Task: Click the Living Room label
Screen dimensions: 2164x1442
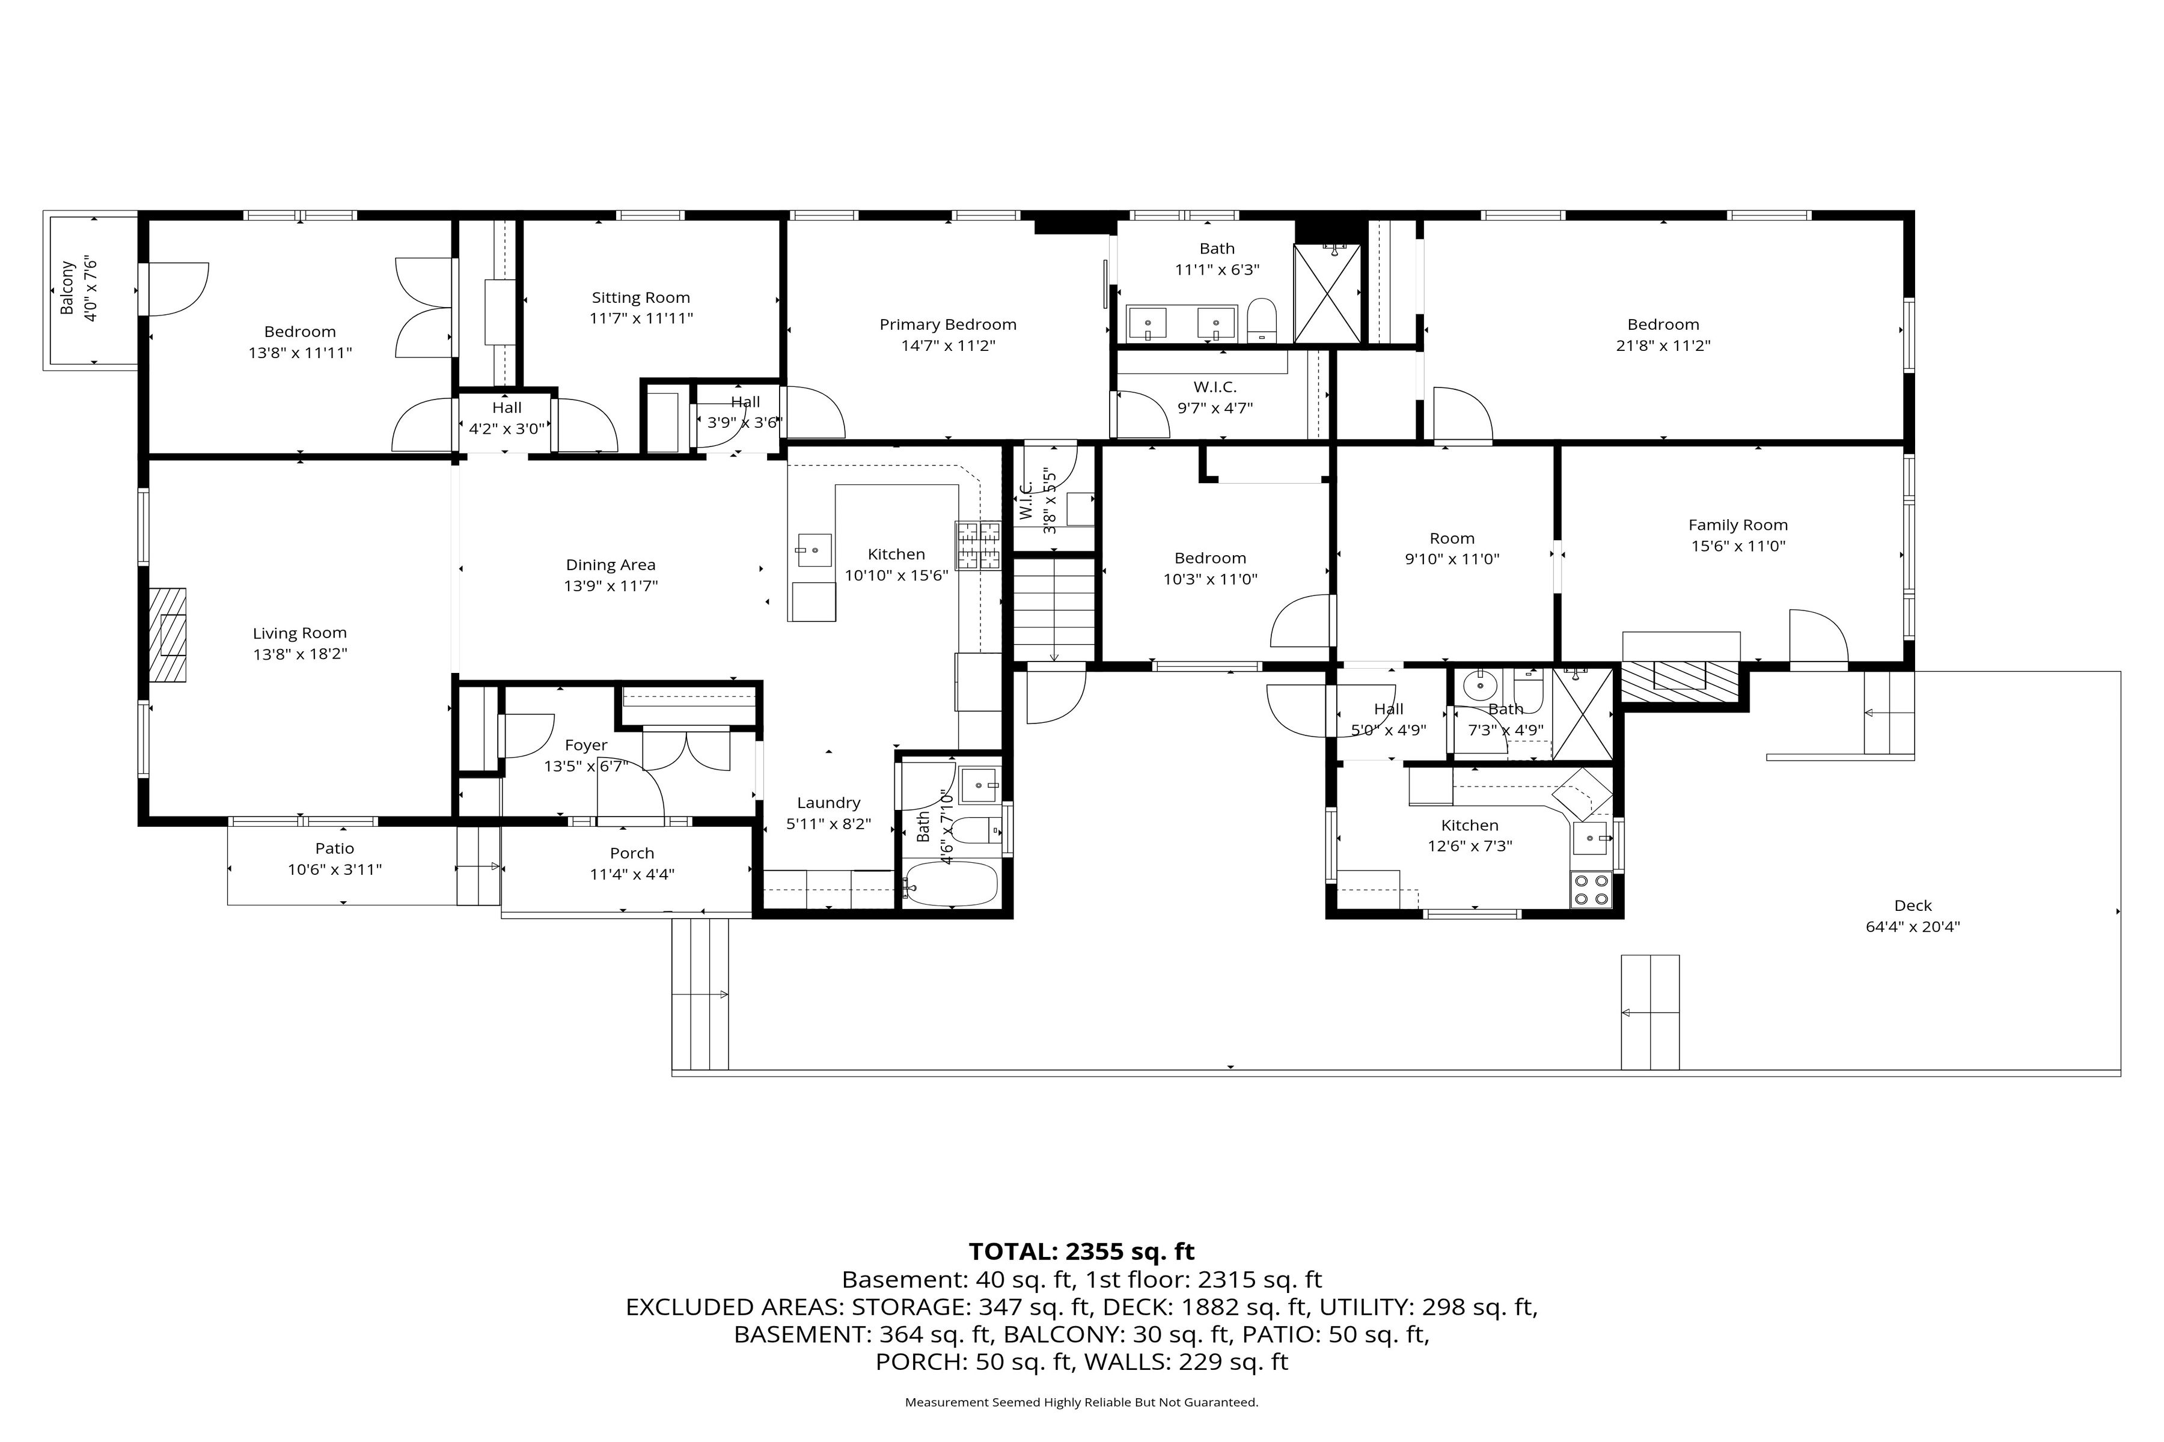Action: (x=300, y=633)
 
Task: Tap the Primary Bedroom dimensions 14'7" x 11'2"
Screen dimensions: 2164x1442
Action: (x=948, y=346)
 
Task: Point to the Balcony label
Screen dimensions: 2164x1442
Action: (x=67, y=288)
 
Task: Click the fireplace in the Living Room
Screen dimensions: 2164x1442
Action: (x=168, y=634)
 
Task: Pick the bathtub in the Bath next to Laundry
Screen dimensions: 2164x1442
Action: (x=950, y=884)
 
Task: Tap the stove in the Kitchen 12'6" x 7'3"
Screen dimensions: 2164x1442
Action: (x=1591, y=889)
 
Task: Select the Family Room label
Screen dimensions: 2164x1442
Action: (x=1738, y=525)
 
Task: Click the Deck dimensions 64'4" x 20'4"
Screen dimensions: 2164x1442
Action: (x=1913, y=927)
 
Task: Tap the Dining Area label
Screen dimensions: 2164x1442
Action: (x=610, y=565)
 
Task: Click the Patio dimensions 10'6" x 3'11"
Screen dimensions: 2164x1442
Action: (x=334, y=869)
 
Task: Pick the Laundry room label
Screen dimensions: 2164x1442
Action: (x=828, y=803)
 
